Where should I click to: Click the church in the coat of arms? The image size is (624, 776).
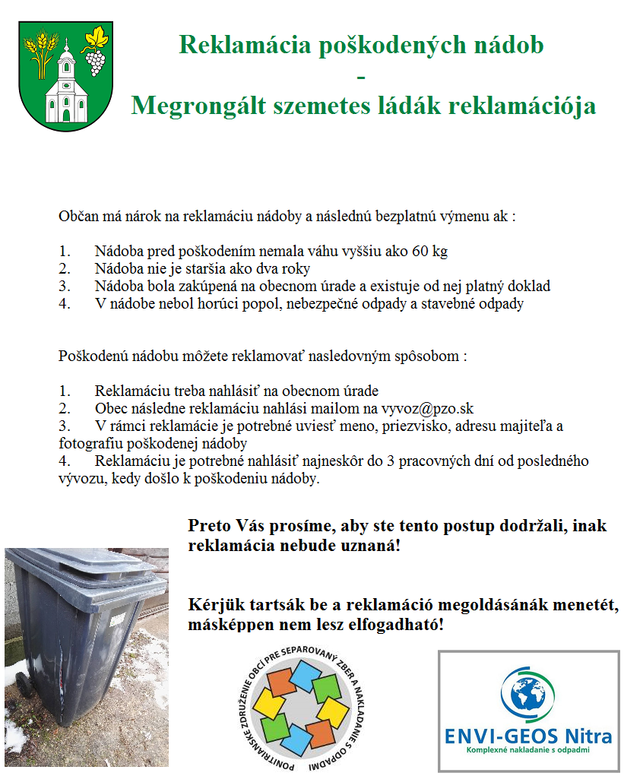tap(66, 84)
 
